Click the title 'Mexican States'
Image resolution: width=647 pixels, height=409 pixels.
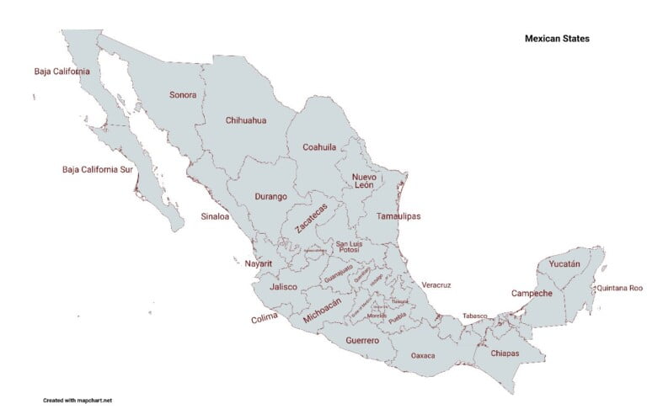557,39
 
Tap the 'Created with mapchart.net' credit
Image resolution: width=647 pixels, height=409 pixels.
78,400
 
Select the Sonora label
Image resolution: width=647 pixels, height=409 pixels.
183,95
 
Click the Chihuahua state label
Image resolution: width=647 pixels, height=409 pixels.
246,120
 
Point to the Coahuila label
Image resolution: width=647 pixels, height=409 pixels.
319,147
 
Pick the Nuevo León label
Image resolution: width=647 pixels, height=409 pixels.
363,181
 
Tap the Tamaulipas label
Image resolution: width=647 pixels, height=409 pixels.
398,216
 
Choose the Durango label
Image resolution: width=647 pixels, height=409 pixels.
270,197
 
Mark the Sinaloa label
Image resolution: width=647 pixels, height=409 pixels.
215,216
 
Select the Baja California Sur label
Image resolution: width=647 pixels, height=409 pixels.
98,169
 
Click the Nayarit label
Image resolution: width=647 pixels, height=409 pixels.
259,263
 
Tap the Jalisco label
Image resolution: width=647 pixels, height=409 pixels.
283,287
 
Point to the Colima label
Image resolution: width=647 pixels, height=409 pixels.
265,319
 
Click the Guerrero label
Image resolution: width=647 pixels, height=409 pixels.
362,341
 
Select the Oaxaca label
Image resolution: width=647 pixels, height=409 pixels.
423,356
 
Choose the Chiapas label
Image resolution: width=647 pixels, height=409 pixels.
504,353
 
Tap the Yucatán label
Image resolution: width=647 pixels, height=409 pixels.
564,264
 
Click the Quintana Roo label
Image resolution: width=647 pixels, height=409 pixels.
619,288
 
